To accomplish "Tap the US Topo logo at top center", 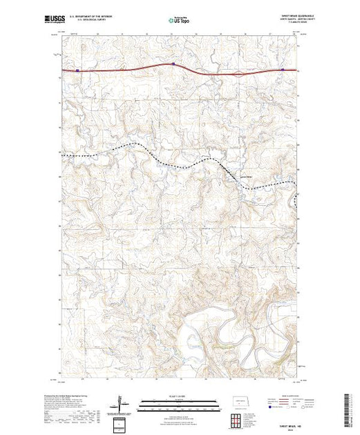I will point(179,21).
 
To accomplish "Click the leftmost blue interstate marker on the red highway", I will point(78,70).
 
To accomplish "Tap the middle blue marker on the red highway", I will point(173,64).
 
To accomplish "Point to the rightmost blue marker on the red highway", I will point(283,70).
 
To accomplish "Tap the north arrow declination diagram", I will point(122,402).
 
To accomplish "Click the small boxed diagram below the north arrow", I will point(121,423).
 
